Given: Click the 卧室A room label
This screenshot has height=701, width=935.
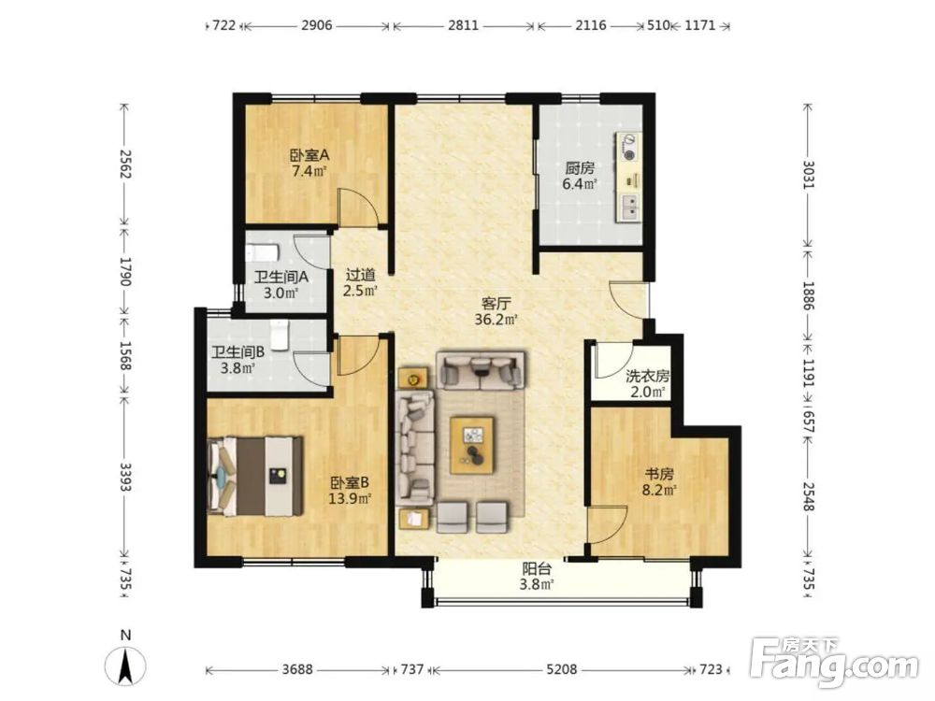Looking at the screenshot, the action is [309, 155].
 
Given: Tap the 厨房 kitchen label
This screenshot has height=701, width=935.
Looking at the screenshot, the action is [580, 168].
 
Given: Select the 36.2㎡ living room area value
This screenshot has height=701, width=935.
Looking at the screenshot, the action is [496, 320].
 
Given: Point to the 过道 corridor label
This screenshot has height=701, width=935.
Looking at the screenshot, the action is [360, 276].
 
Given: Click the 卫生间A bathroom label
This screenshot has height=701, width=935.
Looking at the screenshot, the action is [280, 278].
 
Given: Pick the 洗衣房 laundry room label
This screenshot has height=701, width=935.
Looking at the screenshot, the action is [648, 376].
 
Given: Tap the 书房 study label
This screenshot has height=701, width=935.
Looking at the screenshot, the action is [659, 475].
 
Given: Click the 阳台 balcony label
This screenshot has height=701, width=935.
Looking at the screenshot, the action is [537, 568].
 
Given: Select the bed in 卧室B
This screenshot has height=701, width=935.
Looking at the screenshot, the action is [254, 477].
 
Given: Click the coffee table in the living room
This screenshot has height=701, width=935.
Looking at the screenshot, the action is [472, 445].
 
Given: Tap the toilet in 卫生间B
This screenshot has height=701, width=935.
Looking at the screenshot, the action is [279, 335].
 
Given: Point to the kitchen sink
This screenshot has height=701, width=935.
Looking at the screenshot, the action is [629, 207].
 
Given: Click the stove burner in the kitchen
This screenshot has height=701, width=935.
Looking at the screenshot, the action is [628, 155].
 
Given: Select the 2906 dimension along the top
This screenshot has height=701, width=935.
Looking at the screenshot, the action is [317, 25].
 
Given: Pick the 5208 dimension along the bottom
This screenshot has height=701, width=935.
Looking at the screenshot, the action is [562, 669].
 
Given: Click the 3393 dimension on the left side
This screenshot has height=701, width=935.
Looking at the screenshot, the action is [124, 477].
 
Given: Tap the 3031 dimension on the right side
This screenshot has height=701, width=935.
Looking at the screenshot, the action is [808, 175].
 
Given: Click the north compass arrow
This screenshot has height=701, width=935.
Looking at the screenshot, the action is [125, 665].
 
